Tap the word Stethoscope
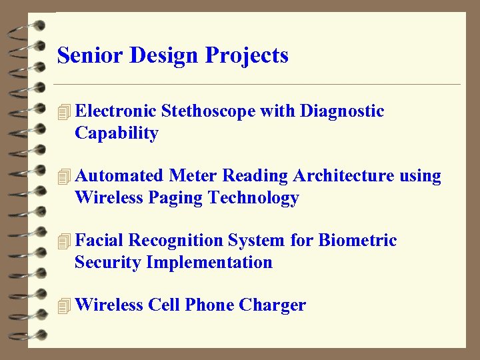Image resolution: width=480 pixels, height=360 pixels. (208, 111)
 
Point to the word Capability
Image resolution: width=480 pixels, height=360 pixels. (117, 133)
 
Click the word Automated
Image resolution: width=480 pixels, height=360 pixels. (119, 176)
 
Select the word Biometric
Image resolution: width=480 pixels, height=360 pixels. (358, 240)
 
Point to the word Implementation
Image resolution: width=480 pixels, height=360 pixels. (209, 262)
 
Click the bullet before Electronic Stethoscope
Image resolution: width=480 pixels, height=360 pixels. (64, 112)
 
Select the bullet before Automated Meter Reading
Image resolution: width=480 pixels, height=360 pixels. (64, 177)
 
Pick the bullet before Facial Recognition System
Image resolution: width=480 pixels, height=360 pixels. (64, 241)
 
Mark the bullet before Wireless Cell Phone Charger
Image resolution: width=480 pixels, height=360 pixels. (64, 306)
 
